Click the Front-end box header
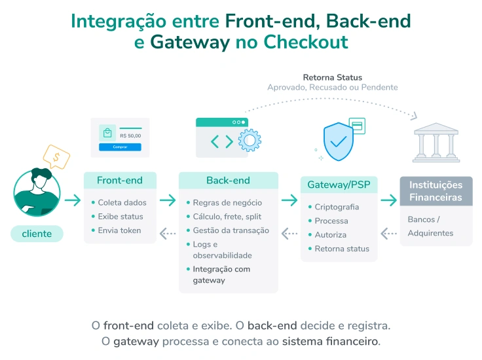tap(120, 181)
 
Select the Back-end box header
tap(228, 181)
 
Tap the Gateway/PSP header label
tap(339, 185)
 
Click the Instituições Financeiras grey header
tap(436, 191)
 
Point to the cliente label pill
tap(37, 234)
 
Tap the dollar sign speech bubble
tap(56, 157)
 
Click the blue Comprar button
tap(120, 147)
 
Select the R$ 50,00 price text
tap(130, 135)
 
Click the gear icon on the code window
tap(250, 140)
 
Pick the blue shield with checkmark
tap(339, 140)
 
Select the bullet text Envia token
tap(119, 230)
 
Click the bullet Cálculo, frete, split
tap(227, 217)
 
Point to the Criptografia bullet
tap(337, 207)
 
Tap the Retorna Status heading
tap(332, 77)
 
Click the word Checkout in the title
tap(305, 42)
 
